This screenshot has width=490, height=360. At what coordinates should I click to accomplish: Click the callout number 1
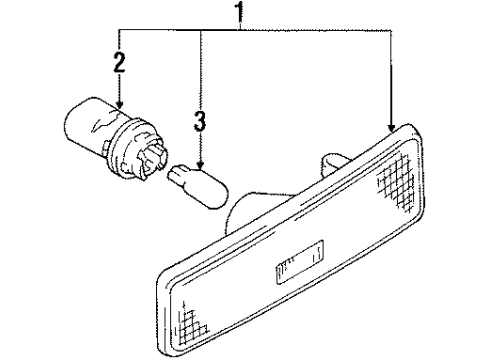[238, 13]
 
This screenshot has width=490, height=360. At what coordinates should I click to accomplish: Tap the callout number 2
[119, 65]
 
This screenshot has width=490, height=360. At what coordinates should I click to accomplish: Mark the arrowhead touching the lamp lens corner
[389, 126]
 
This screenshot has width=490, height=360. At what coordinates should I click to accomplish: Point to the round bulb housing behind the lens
[246, 214]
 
